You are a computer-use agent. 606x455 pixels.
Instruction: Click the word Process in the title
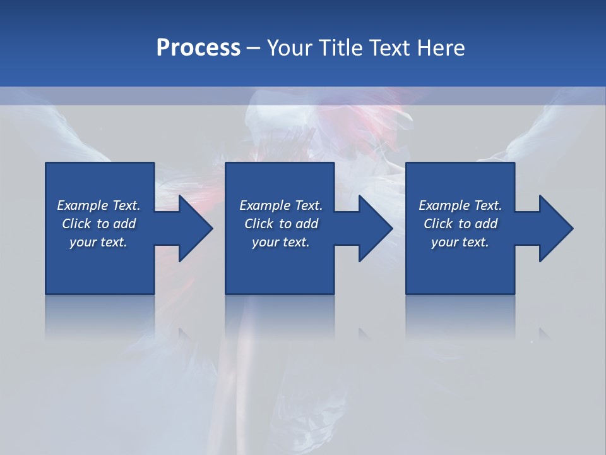[198, 47]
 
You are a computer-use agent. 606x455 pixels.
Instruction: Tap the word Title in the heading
[342, 47]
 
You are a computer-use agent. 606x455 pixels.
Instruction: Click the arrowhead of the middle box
[375, 228]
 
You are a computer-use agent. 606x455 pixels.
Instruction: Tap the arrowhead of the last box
[555, 228]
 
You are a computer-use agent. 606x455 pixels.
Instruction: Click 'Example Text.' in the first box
[98, 205]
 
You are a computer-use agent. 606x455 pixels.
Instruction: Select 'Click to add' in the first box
[98, 224]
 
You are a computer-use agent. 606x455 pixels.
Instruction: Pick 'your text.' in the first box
[98, 242]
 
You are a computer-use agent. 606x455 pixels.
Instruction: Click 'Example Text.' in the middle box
[281, 205]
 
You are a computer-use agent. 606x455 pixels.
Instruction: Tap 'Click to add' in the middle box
[281, 224]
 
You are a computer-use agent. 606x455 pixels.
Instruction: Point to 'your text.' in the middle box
[281, 242]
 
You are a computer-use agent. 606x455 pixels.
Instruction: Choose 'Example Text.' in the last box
[460, 205]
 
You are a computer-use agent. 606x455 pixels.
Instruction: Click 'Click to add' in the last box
[460, 224]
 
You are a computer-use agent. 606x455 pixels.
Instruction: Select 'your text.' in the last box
[460, 242]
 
